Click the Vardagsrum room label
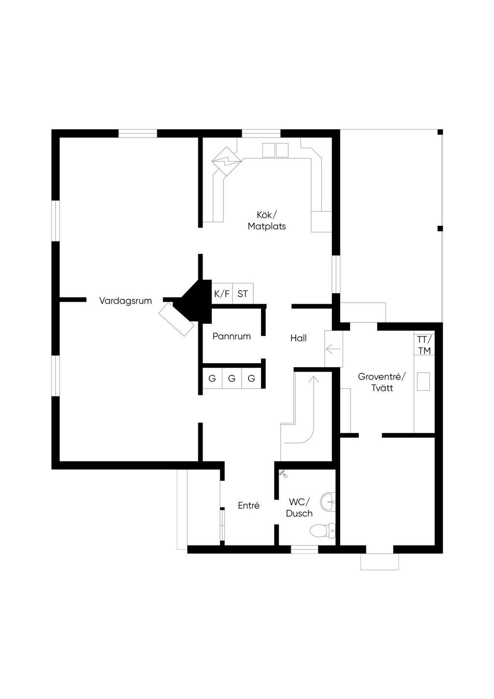tap(125, 301)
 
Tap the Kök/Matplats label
tap(267, 220)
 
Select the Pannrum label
tap(232, 336)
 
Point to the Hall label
tap(299, 338)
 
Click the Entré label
tap(248, 505)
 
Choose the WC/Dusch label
tap(299, 508)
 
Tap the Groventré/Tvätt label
tap(382, 382)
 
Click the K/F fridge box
tap(222, 294)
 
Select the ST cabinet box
tap(243, 294)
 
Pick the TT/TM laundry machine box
tap(425, 345)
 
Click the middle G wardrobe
tap(232, 378)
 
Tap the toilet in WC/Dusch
tap(322, 531)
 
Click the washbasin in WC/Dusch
tap(328, 502)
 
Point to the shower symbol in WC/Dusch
tap(283, 474)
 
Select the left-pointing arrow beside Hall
tap(333, 349)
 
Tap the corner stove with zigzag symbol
tap(226, 161)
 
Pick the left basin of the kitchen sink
tap(268, 150)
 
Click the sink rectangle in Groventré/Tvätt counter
tap(424, 382)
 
